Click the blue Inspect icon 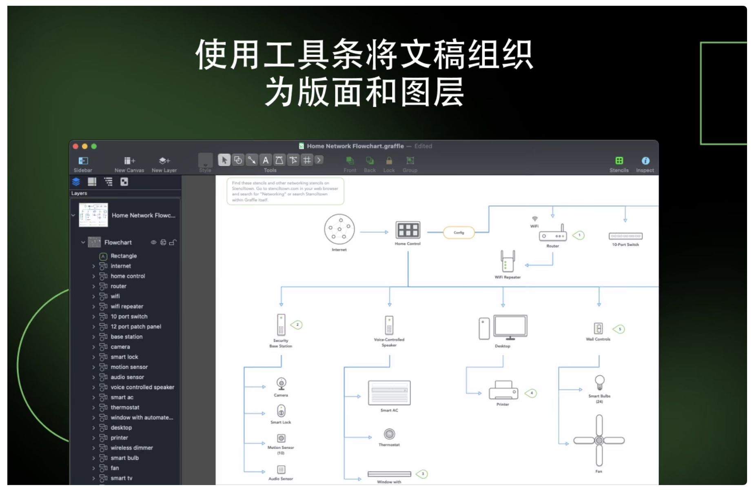tap(645, 161)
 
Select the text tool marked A tap(265, 160)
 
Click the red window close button tap(75, 146)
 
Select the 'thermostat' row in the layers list tap(125, 408)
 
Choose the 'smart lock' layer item tap(124, 357)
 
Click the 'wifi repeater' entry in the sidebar tap(127, 306)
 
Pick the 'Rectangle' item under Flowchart tap(124, 256)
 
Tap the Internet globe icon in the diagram tap(339, 229)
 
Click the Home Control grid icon tap(407, 230)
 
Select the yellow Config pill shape tap(459, 233)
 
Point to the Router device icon tap(552, 235)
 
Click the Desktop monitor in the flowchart tap(510, 327)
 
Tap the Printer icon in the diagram tap(503, 391)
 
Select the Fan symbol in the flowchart tap(599, 440)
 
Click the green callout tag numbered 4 tap(531, 393)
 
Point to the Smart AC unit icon tap(389, 393)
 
